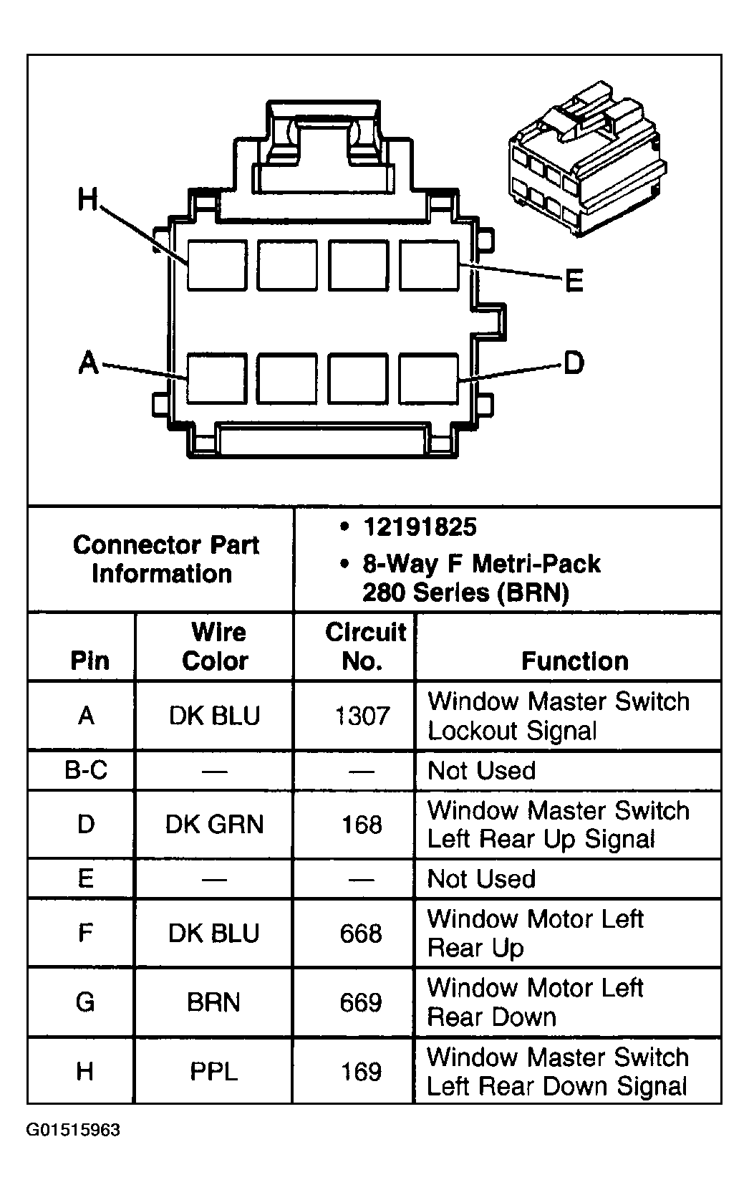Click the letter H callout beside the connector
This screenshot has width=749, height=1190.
click(87, 199)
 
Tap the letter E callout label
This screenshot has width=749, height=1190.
click(574, 280)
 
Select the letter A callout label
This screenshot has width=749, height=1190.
click(88, 363)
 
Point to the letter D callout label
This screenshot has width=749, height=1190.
click(574, 363)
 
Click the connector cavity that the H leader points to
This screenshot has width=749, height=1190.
click(217, 265)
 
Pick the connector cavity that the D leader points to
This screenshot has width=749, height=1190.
click(428, 378)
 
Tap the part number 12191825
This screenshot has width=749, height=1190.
click(420, 527)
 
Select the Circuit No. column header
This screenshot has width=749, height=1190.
click(364, 646)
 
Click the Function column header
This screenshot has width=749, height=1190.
click(574, 661)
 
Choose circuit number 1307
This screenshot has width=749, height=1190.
click(362, 716)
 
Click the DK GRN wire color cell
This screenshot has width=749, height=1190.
click(214, 825)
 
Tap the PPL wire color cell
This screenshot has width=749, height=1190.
click(213, 1072)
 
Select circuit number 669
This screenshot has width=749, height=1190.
click(361, 1002)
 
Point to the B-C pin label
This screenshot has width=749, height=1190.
click(86, 770)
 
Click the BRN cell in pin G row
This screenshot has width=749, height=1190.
click(213, 1002)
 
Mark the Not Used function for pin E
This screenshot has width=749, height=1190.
click(481, 879)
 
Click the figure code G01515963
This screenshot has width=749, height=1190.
click(74, 1131)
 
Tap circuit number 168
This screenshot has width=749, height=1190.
click(362, 825)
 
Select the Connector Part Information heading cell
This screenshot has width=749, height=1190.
click(165, 560)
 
